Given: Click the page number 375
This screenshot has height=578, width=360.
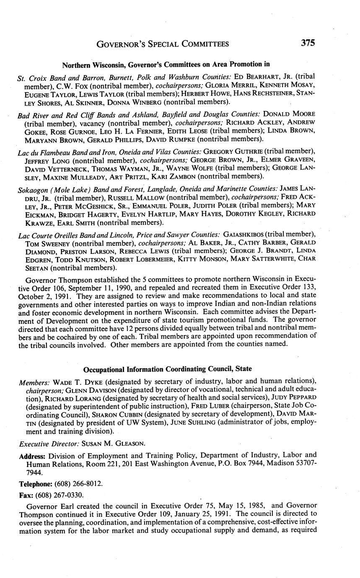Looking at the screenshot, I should tap(307, 43).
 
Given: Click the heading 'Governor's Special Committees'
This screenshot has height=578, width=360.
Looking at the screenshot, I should tap(163, 44).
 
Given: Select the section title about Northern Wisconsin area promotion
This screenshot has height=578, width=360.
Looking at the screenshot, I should tap(166, 65).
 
